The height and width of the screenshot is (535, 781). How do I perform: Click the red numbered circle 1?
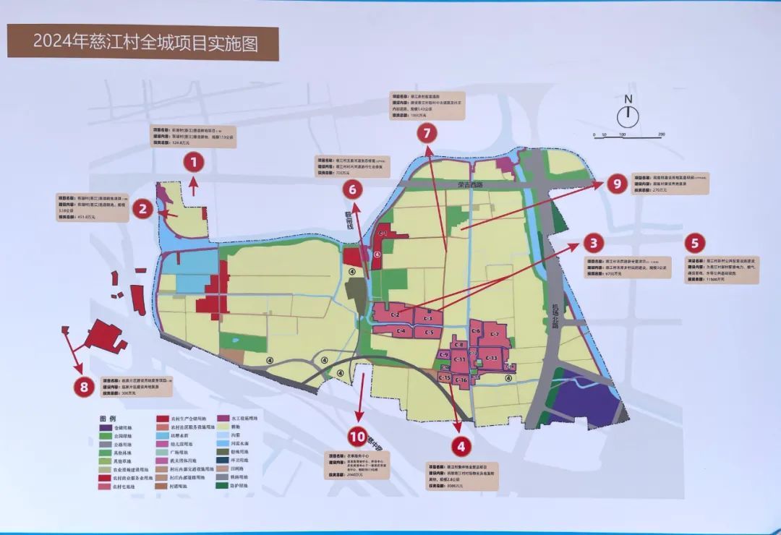194,162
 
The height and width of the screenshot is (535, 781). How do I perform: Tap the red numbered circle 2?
143,210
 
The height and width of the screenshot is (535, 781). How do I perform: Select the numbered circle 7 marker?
427,132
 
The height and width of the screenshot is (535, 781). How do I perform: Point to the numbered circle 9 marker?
617,184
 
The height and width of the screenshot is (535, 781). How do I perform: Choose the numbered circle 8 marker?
84,388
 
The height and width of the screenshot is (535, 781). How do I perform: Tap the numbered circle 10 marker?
357,436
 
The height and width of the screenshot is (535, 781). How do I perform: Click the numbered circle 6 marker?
352,190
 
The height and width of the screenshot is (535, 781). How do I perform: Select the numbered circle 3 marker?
592,243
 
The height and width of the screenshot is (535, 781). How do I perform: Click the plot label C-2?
396,315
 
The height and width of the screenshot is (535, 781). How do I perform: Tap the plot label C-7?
495,334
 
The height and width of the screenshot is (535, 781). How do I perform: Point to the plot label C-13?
491,358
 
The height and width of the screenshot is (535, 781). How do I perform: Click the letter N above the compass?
628,100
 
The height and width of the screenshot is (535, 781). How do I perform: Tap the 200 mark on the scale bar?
661,135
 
